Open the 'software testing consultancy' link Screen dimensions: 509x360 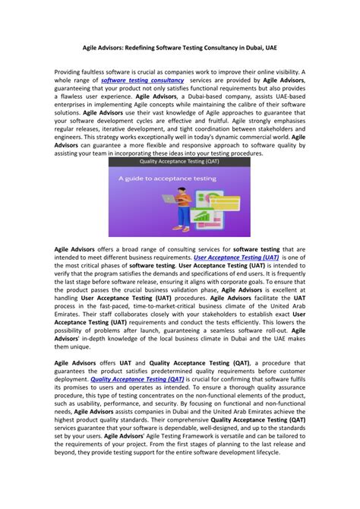(143, 80)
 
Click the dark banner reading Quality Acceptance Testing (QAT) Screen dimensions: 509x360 (179, 162)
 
